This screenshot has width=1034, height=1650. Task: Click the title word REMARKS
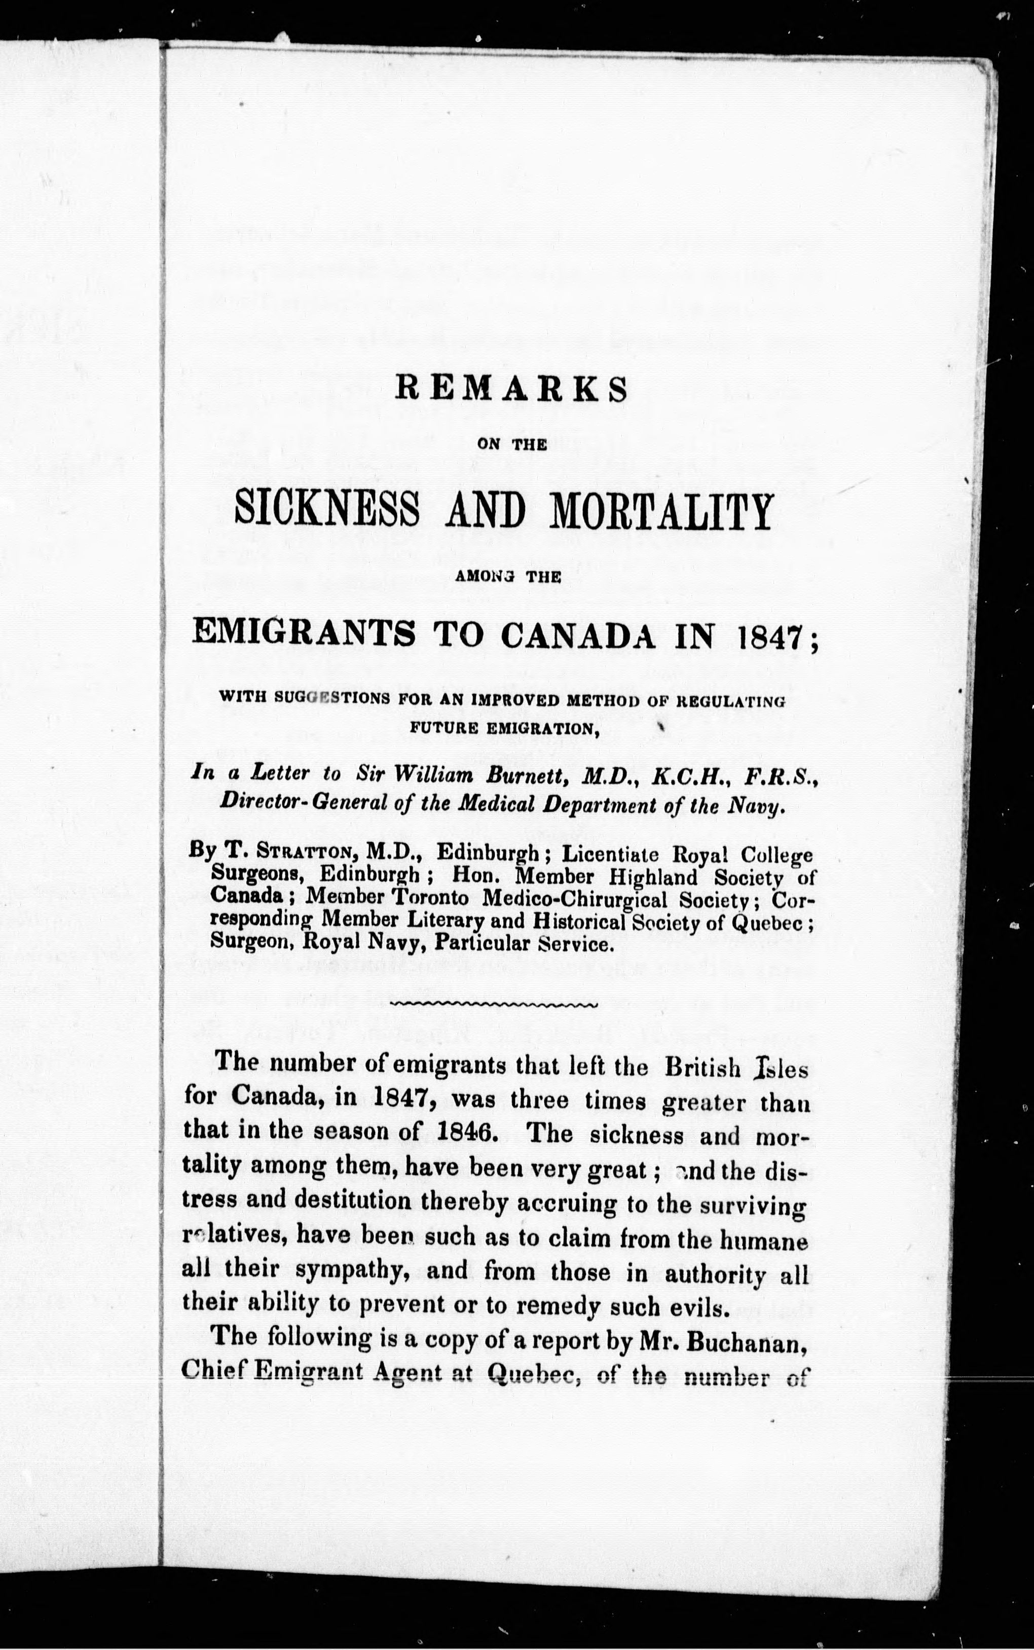511,390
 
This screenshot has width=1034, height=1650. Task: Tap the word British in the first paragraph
703,1068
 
